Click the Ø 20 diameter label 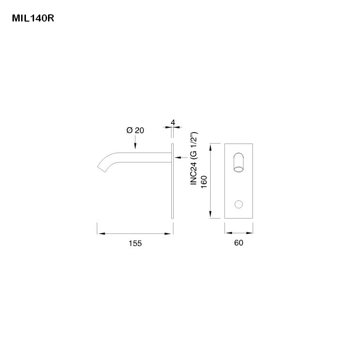coord(135,130)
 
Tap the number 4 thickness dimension coord(172,122)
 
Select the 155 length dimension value coord(135,243)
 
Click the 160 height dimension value coord(204,182)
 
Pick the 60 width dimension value coord(239,243)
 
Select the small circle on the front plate coord(239,204)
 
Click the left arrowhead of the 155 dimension coord(100,234)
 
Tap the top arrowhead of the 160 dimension coord(212,146)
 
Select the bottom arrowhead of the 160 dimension coord(212,216)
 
